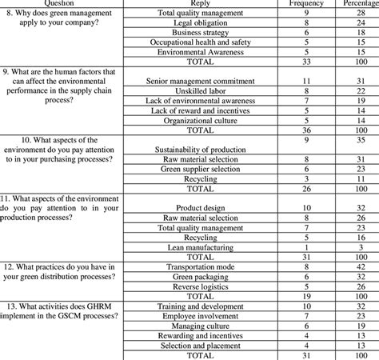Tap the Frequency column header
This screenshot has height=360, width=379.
click(307, 4)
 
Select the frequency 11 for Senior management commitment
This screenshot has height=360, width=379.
click(307, 82)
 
